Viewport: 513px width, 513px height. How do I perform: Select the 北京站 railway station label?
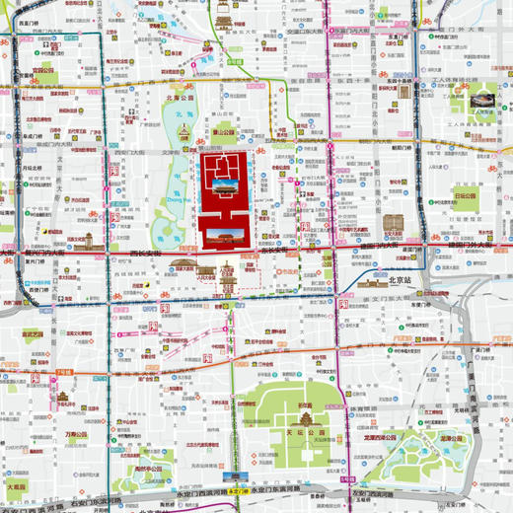click(x=400, y=280)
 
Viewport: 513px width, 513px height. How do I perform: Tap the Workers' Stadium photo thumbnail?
click(x=482, y=101)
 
